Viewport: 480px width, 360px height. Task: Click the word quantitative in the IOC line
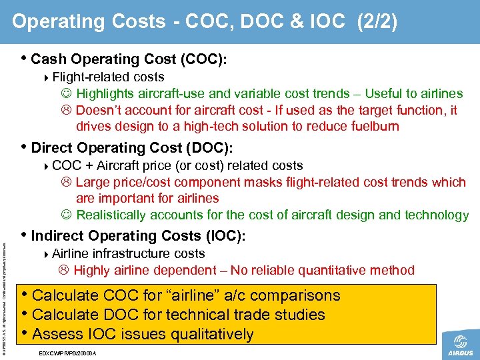pos(333,270)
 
